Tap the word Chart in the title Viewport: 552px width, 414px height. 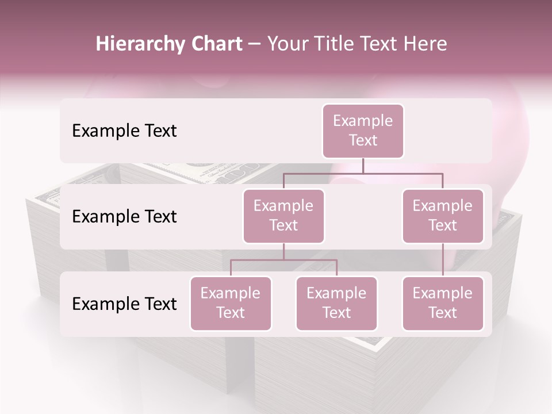click(x=216, y=44)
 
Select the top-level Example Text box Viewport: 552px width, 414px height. click(x=363, y=131)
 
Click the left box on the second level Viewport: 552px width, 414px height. click(x=283, y=216)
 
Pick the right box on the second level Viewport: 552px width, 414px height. click(x=443, y=216)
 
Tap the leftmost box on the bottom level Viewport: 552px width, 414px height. click(x=231, y=303)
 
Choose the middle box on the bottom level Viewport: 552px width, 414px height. click(x=336, y=303)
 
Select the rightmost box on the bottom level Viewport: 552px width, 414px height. click(x=443, y=303)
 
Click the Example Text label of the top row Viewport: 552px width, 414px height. click(x=124, y=131)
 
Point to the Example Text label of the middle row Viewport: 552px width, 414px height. click(x=124, y=216)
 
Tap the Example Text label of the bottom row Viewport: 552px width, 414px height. click(x=124, y=304)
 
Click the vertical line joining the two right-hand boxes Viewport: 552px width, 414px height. click(x=443, y=260)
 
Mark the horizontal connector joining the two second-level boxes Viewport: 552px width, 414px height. click(x=363, y=173)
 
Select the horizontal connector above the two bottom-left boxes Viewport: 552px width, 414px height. click(x=283, y=260)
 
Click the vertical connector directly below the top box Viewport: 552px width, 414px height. click(x=363, y=166)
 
